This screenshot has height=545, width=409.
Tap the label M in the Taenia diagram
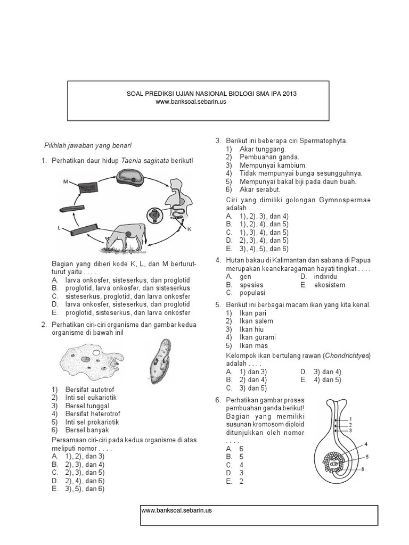tap(66, 181)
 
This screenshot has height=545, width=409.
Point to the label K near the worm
tap(189, 228)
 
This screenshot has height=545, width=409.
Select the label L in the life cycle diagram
tap(59, 227)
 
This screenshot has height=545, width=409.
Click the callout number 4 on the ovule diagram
tap(366, 443)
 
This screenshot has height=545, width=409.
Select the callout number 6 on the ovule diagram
tap(362, 469)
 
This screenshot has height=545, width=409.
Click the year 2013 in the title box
tap(290, 94)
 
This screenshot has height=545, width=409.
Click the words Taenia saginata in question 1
tap(142, 161)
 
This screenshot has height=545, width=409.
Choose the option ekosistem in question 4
tap(329, 285)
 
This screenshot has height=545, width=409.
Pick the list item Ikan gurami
tap(257, 337)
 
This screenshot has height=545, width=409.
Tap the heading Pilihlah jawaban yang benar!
tap(87, 145)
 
